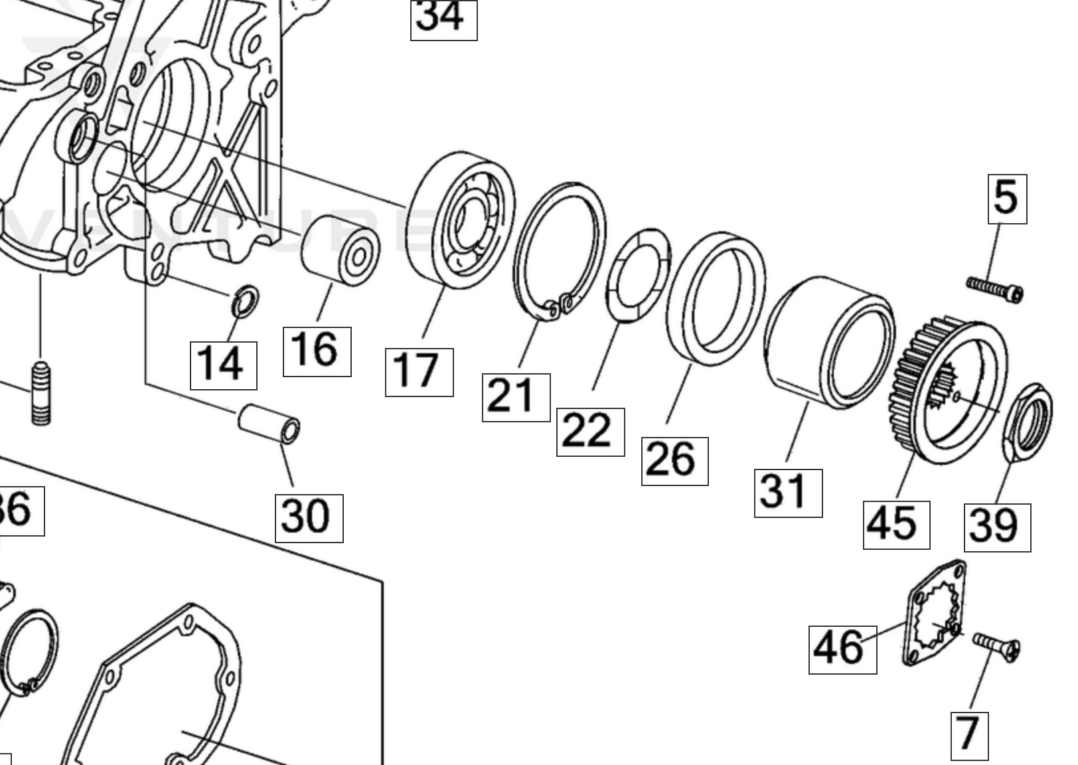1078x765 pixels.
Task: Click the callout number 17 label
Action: tap(419, 372)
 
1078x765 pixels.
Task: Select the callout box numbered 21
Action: tap(516, 397)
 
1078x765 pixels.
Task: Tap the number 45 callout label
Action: tap(896, 525)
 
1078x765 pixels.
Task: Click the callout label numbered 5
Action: tap(1007, 199)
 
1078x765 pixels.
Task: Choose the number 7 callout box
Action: tap(969, 736)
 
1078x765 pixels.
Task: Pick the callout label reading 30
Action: tap(309, 518)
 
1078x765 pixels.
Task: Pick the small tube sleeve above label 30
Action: tap(269, 424)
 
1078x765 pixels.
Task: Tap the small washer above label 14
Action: tap(245, 301)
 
